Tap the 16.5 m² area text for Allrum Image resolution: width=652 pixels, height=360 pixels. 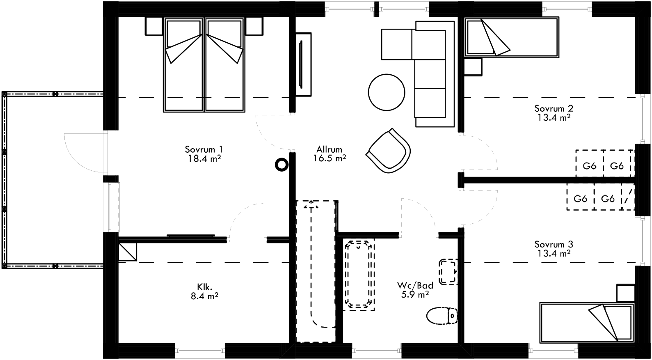tap(329, 158)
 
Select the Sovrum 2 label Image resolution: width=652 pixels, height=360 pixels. tap(554, 108)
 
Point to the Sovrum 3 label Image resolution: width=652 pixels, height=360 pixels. tap(554, 244)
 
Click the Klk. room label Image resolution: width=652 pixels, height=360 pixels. tap(204, 287)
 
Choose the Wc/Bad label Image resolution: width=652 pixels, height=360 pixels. tap(415, 285)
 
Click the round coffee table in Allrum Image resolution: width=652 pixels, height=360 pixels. tap(387, 92)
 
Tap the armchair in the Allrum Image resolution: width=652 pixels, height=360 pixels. tap(388, 151)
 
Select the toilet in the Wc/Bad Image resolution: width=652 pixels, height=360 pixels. tap(442, 316)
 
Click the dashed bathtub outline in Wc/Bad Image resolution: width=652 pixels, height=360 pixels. tap(359, 274)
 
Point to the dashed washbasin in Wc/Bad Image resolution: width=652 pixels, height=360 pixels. tap(448, 272)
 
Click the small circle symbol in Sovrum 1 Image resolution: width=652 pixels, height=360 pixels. tap(281, 165)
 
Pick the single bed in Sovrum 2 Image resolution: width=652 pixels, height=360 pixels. tap(512, 37)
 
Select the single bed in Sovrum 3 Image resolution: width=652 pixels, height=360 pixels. tap(586, 322)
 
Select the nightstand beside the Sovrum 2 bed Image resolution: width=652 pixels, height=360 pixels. tap(473, 67)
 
